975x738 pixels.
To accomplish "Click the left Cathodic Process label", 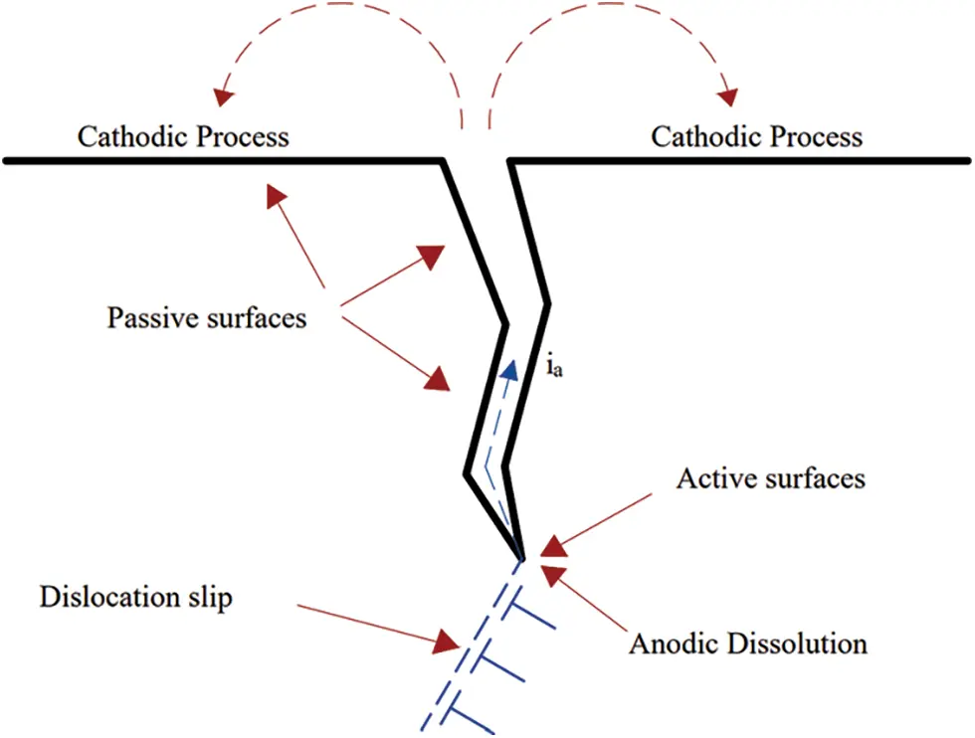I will tap(183, 136).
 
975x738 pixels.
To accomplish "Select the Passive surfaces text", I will tap(206, 318).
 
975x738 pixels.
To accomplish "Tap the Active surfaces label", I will tap(770, 478).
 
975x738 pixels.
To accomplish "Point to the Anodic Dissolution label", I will tap(747, 643).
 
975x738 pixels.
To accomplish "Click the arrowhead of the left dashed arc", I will tap(223, 96).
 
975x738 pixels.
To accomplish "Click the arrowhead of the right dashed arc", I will tap(729, 96).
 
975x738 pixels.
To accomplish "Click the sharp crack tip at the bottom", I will tap(521, 557).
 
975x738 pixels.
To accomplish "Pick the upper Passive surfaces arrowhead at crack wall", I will tap(432, 256).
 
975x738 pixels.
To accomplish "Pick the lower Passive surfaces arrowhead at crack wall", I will tap(438, 379).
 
